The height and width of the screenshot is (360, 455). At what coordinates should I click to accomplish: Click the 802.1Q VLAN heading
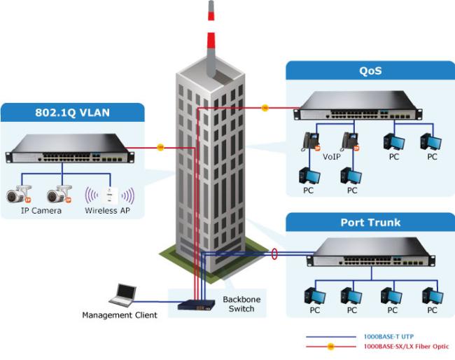73,112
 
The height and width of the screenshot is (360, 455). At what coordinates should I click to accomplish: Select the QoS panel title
370,70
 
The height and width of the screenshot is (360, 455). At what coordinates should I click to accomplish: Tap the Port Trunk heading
370,223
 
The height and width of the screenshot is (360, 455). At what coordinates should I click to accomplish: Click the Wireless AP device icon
109,194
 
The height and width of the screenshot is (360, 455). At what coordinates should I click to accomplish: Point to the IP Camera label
41,210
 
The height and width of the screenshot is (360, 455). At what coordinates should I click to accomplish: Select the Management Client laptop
125,296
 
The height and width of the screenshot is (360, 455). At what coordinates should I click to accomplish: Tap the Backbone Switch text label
241,304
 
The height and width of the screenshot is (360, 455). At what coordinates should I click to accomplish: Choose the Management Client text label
120,315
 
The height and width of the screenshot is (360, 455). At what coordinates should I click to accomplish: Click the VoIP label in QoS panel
332,158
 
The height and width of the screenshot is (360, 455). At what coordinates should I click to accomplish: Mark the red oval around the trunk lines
275,253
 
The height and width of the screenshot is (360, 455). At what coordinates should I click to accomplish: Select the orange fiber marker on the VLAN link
160,147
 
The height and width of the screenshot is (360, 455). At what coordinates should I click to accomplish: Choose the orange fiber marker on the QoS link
265,108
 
